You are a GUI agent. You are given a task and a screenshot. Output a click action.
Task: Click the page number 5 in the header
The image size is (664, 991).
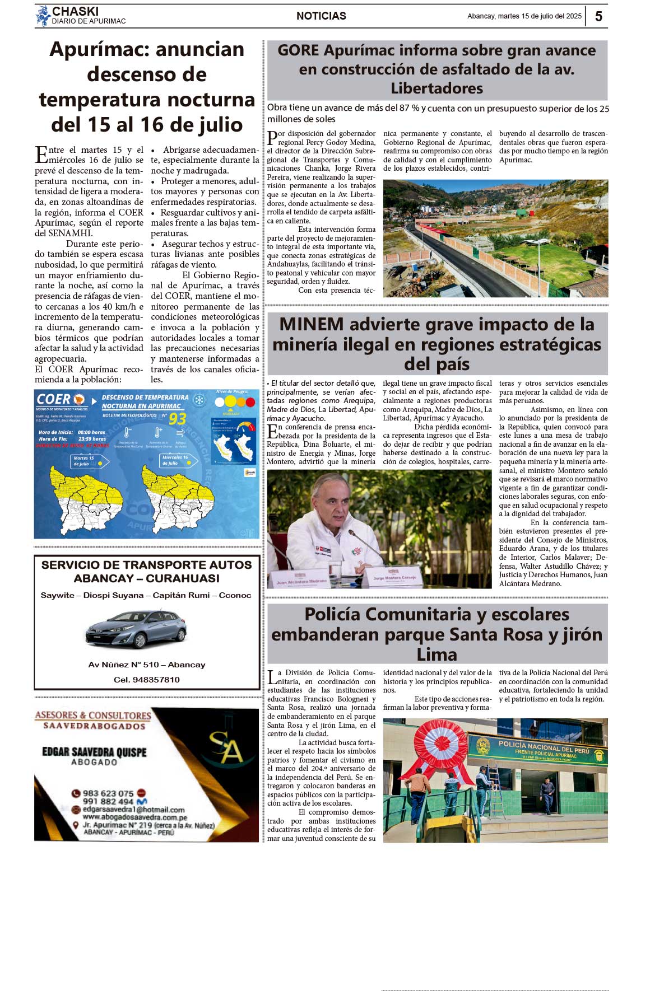pos(598,16)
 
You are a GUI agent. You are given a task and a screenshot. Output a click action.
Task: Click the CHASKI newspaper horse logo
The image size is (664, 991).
pos(43,16)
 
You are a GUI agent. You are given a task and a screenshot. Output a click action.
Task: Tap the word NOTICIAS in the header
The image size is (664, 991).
pos(321,16)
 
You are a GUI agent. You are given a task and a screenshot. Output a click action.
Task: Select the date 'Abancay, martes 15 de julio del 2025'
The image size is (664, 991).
pos(524,16)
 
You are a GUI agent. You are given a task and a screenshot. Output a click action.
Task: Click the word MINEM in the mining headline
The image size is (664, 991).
pos(311,324)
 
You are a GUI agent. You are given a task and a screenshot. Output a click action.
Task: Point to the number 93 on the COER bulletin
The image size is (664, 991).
pos(177,419)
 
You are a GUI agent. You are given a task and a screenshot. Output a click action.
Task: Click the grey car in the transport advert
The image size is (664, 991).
pos(136,629)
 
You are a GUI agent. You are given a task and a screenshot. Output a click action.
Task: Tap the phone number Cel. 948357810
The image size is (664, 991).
pos(147,680)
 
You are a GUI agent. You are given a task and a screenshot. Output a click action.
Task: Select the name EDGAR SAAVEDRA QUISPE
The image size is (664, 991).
pos(94,752)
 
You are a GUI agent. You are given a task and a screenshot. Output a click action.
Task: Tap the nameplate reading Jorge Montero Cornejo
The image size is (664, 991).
pos(394,578)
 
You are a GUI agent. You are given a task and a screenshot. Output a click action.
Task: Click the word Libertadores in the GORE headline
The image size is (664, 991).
pos(437,88)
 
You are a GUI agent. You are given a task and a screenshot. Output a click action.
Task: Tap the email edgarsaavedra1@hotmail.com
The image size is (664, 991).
pos(133,810)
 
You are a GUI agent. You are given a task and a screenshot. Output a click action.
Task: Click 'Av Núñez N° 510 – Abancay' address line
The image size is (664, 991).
pos(147,665)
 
